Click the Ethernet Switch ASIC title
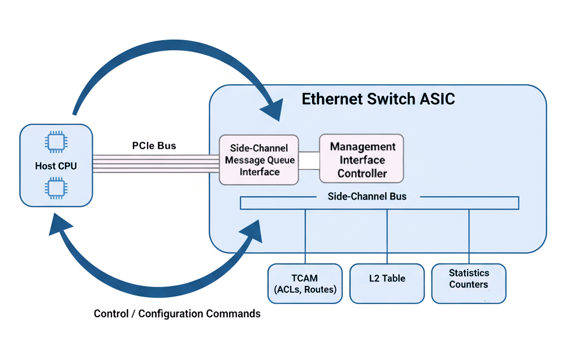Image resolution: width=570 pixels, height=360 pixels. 378,99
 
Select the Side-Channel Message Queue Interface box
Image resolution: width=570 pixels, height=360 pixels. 259,160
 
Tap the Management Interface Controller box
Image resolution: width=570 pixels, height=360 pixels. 361,159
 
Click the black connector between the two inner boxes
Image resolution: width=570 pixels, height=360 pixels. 309,161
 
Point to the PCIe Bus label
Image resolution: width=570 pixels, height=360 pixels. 154,146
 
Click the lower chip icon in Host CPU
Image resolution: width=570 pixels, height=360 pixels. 55,188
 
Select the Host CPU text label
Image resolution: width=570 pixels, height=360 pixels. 56,166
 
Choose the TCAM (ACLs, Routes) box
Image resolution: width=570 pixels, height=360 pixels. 305,284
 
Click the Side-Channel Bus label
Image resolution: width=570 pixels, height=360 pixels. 367,197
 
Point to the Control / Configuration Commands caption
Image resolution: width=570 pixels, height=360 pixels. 177,314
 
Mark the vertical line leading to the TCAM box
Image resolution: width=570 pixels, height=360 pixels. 305,236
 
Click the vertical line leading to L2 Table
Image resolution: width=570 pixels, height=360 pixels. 387,236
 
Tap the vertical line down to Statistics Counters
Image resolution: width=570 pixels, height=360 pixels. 469,236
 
